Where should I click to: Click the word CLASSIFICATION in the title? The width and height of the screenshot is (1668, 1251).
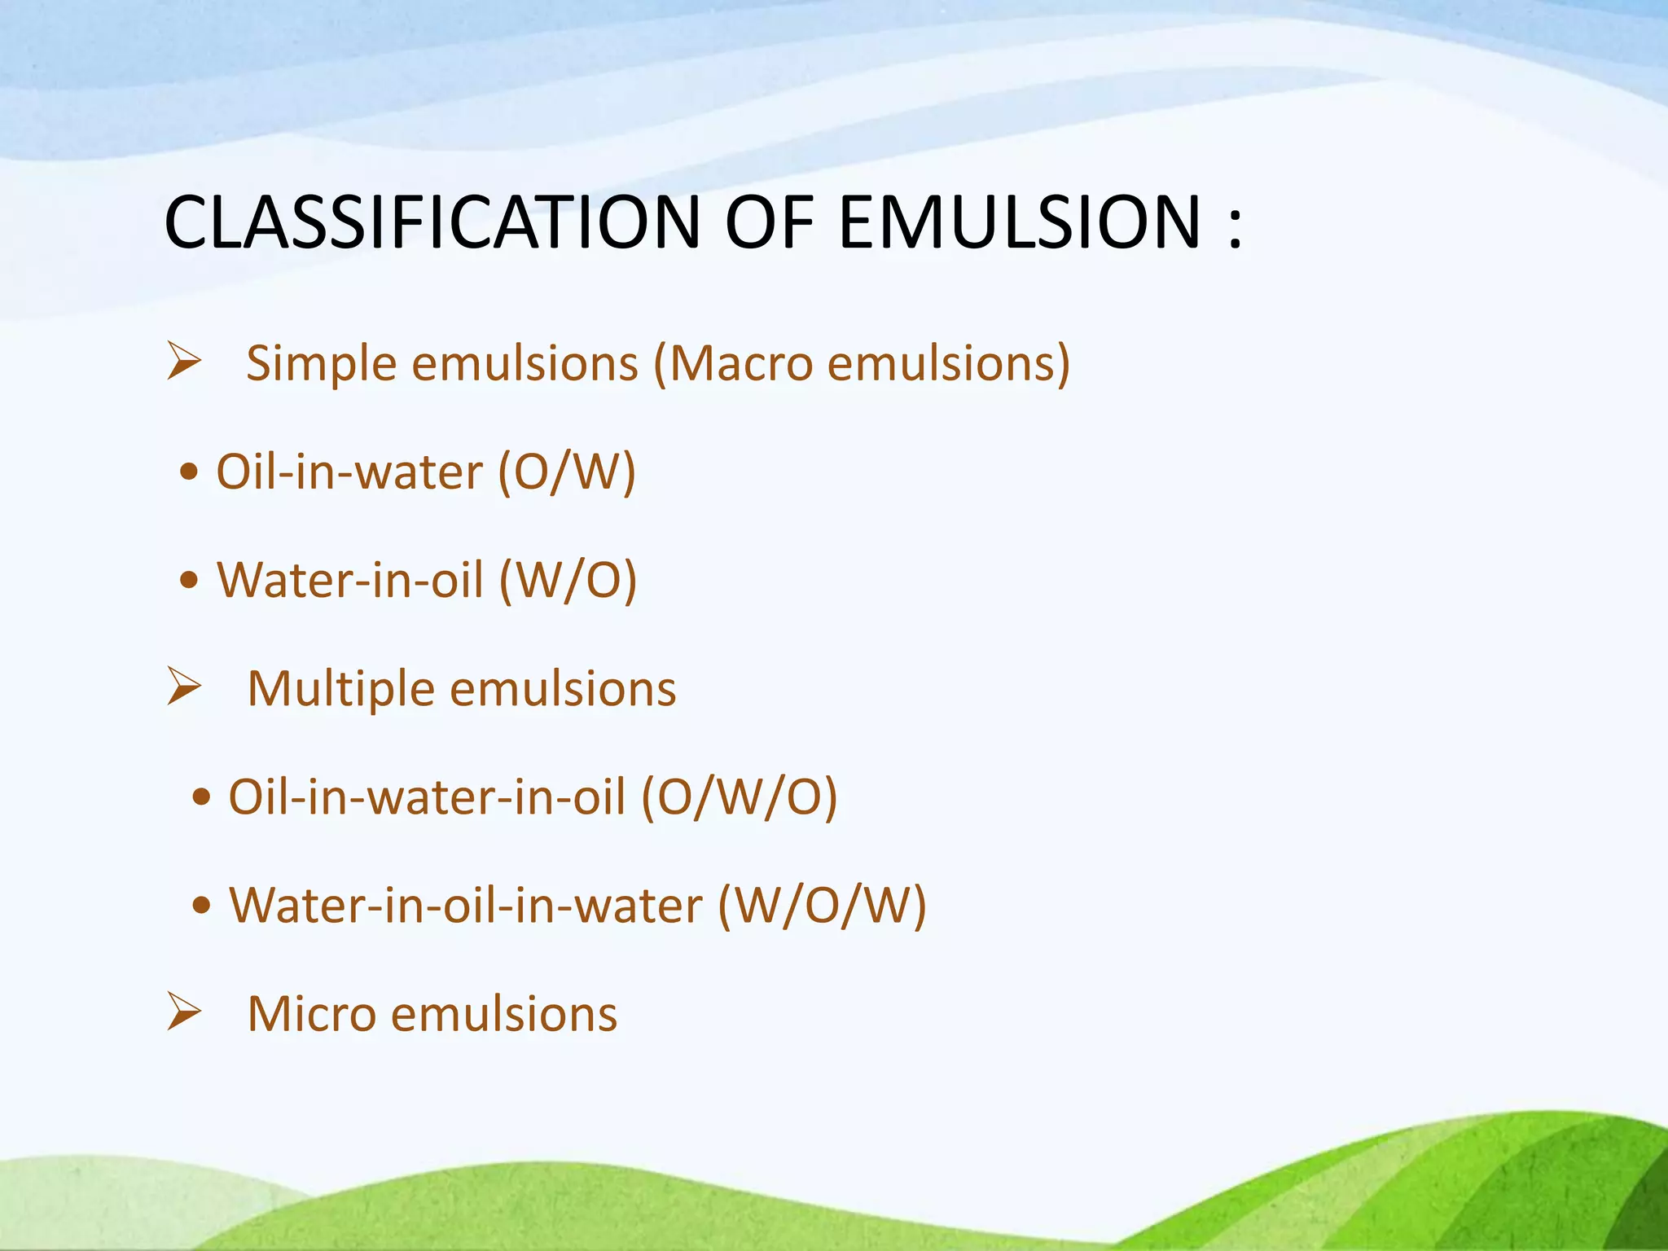[x=432, y=222]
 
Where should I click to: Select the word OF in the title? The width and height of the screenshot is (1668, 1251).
[x=769, y=222]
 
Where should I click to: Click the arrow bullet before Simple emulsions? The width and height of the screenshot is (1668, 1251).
[x=184, y=362]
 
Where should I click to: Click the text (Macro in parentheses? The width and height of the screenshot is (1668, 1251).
[x=733, y=363]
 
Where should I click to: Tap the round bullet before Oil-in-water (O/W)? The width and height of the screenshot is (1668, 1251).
[x=189, y=472]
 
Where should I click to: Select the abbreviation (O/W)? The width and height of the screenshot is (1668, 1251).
[x=567, y=472]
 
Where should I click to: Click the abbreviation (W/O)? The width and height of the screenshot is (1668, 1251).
[x=568, y=581]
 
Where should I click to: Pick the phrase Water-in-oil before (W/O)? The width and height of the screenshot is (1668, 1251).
[x=350, y=581]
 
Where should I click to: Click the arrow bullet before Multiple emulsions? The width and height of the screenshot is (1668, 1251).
[x=184, y=686]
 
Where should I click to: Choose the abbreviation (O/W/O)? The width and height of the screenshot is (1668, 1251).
[x=740, y=797]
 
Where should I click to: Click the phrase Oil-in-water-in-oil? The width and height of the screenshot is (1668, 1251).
[x=427, y=797]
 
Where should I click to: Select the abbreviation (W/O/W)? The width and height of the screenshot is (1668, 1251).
[x=823, y=905]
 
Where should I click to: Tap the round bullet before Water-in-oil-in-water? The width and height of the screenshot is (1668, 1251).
[x=202, y=905]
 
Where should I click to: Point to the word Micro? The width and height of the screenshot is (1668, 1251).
[x=311, y=1014]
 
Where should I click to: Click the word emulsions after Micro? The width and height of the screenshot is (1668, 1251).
[x=504, y=1014]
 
